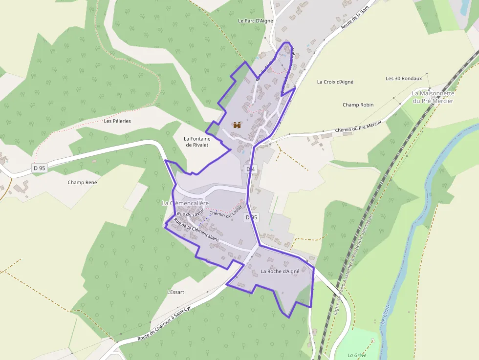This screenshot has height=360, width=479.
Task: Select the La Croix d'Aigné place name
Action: click(335, 82)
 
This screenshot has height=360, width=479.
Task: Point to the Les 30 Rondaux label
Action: click(403, 79)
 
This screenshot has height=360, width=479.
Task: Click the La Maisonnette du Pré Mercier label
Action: click(433, 97)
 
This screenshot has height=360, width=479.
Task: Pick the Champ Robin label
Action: click(358, 105)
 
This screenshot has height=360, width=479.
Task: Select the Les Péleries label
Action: click(117, 121)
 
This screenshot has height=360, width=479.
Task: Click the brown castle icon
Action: click(237, 125)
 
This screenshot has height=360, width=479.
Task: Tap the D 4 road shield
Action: click(250, 169)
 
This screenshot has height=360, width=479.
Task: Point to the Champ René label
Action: click(82, 182)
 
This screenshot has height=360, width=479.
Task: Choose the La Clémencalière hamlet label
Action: click(185, 203)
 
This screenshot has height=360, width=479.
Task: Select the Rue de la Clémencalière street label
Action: click(196, 230)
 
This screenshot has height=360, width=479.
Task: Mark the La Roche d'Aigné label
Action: click(280, 271)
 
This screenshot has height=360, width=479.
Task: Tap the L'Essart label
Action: click(175, 292)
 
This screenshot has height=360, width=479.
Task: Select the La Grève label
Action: click(357, 355)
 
